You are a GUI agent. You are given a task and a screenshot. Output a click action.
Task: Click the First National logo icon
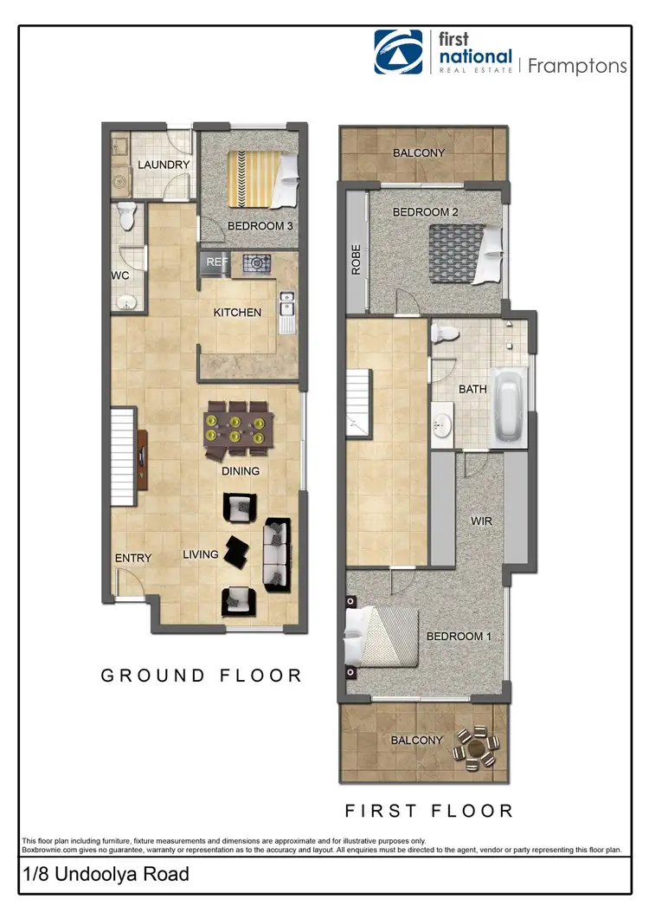pos(398,52)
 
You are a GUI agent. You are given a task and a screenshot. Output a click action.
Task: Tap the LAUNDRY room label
pos(163,165)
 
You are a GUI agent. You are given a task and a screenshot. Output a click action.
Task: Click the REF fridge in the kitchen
pos(215,262)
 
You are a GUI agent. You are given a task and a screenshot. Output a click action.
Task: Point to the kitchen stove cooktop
pos(258,262)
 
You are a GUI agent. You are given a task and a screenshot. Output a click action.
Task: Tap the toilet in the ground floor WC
pos(127,217)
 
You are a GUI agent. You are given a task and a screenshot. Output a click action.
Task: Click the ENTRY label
pos(132,558)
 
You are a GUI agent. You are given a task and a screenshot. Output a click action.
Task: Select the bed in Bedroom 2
pos(466,252)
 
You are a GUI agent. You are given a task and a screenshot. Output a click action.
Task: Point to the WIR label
pos(482,522)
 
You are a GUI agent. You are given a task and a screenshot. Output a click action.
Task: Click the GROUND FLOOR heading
pos(202,676)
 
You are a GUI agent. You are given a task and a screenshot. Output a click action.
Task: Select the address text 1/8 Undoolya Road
pos(106,875)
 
